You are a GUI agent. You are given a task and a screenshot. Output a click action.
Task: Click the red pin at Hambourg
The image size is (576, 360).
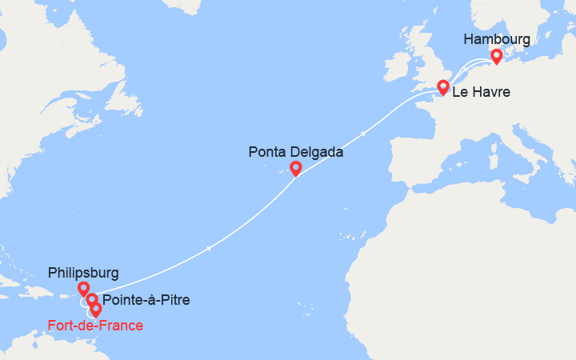496,56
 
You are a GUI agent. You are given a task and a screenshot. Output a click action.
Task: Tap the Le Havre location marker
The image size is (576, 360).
442,88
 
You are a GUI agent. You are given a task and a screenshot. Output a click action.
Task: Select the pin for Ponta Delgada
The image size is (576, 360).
295,168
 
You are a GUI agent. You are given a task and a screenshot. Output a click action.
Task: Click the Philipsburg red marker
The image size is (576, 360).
83,289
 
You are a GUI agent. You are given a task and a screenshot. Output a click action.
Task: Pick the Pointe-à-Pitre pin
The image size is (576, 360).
92,301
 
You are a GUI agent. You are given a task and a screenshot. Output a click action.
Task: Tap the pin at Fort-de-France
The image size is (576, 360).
96,310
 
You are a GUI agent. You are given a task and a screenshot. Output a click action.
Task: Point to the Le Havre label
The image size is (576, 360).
481,93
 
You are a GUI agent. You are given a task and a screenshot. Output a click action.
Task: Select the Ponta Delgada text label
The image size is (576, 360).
296,151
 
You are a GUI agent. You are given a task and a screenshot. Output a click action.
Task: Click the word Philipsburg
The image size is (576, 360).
83,271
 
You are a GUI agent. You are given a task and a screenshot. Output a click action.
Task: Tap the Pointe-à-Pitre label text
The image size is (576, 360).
146,301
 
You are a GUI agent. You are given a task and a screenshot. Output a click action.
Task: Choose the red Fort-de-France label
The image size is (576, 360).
95,325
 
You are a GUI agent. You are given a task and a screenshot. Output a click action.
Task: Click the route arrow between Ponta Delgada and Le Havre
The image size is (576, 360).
364,133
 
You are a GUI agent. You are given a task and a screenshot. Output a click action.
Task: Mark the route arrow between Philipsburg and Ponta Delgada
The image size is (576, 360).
209,248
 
